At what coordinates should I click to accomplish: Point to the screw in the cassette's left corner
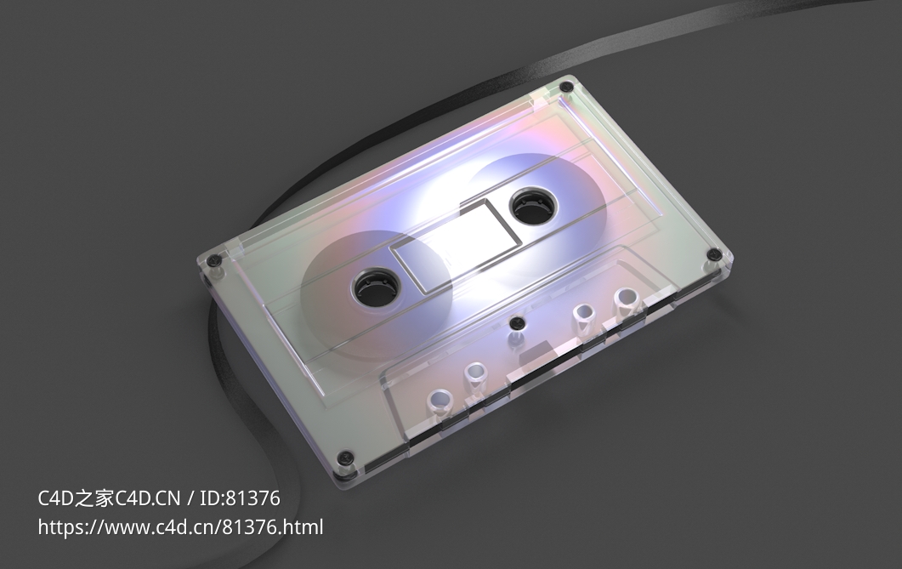(214, 259)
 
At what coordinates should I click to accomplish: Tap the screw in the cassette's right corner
(716, 255)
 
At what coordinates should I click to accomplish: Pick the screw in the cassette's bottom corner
(344, 459)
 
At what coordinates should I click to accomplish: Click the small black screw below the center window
(515, 322)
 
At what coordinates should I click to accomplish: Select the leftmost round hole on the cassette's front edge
(440, 399)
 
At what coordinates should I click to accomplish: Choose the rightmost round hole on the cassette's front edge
(626, 298)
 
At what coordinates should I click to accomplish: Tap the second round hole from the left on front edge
(475, 373)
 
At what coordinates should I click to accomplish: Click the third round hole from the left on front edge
(583, 313)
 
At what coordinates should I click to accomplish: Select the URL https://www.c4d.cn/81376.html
(180, 527)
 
